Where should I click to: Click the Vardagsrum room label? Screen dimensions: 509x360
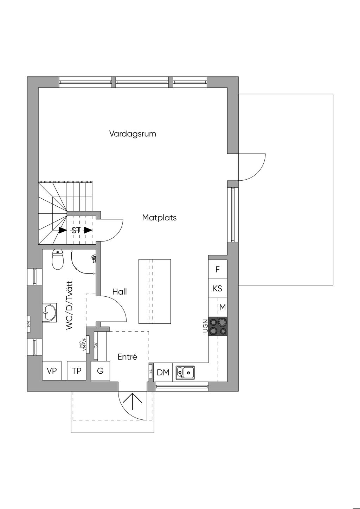(x=133, y=134)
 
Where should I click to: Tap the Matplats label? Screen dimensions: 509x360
(x=159, y=218)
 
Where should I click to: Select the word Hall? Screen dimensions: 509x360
(x=120, y=292)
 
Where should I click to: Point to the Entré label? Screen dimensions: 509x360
(x=127, y=357)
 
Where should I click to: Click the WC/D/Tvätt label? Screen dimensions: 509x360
(x=69, y=305)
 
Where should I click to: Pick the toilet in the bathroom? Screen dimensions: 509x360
(x=58, y=259)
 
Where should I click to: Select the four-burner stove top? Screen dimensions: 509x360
(x=218, y=326)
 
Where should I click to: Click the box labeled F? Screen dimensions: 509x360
(x=218, y=270)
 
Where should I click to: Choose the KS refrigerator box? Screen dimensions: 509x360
(x=218, y=289)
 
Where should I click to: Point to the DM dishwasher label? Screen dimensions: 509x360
(x=163, y=373)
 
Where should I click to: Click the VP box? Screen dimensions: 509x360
(x=52, y=371)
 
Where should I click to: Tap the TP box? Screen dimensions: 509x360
(x=77, y=371)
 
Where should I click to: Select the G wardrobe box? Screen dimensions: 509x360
(x=100, y=371)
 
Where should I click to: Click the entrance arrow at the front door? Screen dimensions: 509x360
(x=133, y=401)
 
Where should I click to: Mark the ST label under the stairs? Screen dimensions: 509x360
(x=76, y=231)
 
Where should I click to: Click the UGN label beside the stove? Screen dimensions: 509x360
(x=205, y=326)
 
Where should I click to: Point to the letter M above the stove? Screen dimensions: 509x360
(x=222, y=308)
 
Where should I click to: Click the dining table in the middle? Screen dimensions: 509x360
(x=155, y=291)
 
